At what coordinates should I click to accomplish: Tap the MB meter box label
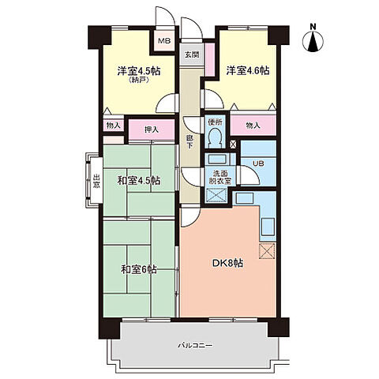(x=164, y=41)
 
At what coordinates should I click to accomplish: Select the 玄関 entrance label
(x=191, y=55)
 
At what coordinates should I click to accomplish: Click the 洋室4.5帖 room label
(x=139, y=71)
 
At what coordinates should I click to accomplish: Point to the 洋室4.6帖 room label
(x=248, y=70)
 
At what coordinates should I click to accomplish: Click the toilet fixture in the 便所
(x=216, y=137)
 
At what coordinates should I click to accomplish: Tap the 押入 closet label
(x=152, y=129)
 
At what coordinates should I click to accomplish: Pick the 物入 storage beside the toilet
(x=253, y=126)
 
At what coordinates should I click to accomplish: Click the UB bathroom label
(x=258, y=163)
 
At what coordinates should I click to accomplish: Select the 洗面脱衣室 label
(x=220, y=177)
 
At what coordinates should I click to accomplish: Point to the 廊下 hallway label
(x=189, y=142)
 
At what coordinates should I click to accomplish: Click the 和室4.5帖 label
(x=138, y=181)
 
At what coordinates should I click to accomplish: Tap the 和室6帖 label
(x=139, y=269)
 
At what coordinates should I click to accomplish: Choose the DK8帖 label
(x=227, y=263)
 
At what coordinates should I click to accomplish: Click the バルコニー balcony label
(x=195, y=345)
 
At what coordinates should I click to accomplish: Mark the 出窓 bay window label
(x=96, y=181)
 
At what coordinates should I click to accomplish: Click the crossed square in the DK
(x=267, y=251)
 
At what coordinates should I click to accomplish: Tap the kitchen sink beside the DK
(x=268, y=226)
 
